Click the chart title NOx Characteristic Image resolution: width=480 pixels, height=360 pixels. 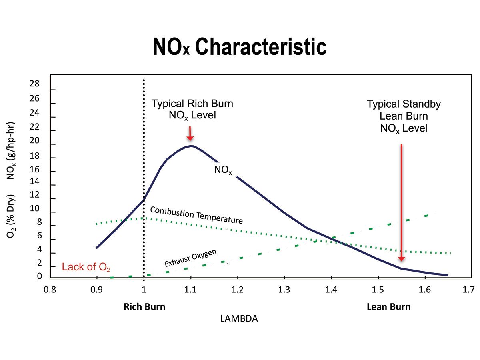(x=240, y=47)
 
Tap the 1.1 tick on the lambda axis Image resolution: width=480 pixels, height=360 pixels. (x=191, y=289)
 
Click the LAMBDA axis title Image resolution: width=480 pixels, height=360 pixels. (x=239, y=319)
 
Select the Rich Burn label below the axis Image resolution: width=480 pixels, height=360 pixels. (x=144, y=307)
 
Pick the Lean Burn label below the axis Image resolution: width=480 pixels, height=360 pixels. (x=388, y=307)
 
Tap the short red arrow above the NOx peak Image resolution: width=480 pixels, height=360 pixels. (x=190, y=134)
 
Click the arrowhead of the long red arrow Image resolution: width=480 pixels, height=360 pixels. (x=402, y=258)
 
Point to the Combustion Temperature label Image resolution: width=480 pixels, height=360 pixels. (x=196, y=215)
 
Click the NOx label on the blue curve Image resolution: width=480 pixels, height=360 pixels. (x=223, y=170)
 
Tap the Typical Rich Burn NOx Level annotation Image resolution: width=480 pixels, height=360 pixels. (x=192, y=110)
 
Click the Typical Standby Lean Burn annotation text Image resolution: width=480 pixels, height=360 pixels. (x=404, y=116)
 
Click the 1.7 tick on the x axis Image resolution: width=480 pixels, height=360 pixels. (x=469, y=289)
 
